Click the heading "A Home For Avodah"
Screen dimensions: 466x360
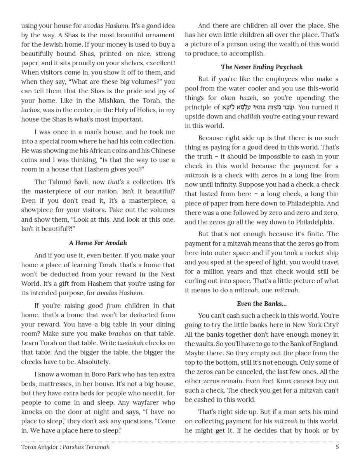98,243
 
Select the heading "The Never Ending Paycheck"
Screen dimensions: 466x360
261,67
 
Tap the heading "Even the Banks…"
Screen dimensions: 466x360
261,304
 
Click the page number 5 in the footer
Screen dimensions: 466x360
337,447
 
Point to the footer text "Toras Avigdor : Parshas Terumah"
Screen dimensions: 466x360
65,447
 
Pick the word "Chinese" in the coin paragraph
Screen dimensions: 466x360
163,151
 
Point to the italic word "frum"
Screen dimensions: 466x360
113,306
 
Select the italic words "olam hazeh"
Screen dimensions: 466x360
239,98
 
